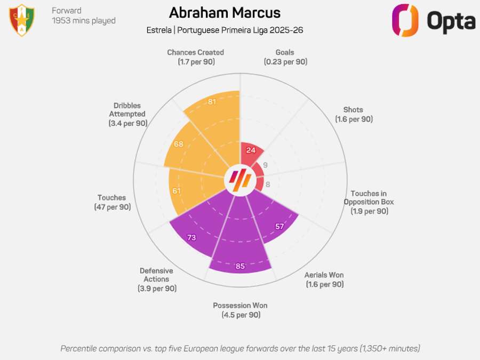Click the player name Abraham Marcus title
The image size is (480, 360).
(x=225, y=13)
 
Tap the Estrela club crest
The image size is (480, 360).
(x=22, y=20)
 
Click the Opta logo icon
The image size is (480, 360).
(x=405, y=20)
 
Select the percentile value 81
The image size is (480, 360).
(x=212, y=102)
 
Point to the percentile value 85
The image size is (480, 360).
(x=240, y=266)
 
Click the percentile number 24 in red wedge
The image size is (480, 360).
(x=251, y=150)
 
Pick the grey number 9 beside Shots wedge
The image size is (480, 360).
(x=266, y=165)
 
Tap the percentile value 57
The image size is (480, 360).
(x=279, y=226)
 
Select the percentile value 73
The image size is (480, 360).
(x=192, y=238)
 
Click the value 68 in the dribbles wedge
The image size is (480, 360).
(x=179, y=144)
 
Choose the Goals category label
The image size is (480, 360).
(x=285, y=53)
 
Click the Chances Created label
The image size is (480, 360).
(x=195, y=53)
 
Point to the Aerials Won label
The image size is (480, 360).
(x=324, y=275)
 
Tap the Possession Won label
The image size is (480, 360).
(x=240, y=306)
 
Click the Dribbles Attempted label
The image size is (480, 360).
(x=127, y=109)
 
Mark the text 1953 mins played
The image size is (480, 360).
(x=83, y=21)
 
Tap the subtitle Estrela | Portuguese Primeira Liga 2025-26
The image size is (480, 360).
(x=225, y=30)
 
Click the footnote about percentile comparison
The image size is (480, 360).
(x=240, y=348)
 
